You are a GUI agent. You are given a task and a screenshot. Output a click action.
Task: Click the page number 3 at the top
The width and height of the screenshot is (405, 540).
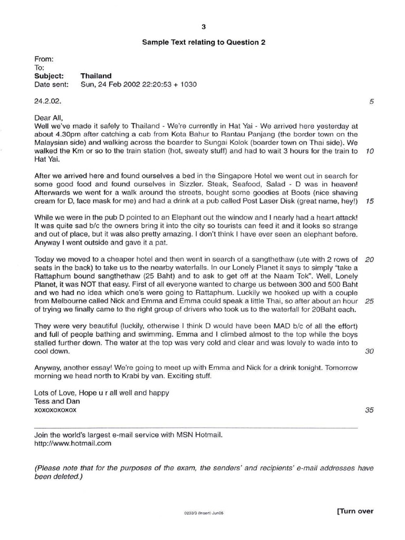tap(203, 27)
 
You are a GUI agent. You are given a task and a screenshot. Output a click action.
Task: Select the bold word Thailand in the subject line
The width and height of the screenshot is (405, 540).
tap(96, 76)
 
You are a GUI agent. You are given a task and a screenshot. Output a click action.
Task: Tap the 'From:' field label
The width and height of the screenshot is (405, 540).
tap(44, 60)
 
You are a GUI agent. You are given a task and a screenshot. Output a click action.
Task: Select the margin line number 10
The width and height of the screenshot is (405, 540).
tap(369, 151)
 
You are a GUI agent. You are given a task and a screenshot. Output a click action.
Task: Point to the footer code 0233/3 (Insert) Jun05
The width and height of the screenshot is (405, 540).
tap(202, 512)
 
